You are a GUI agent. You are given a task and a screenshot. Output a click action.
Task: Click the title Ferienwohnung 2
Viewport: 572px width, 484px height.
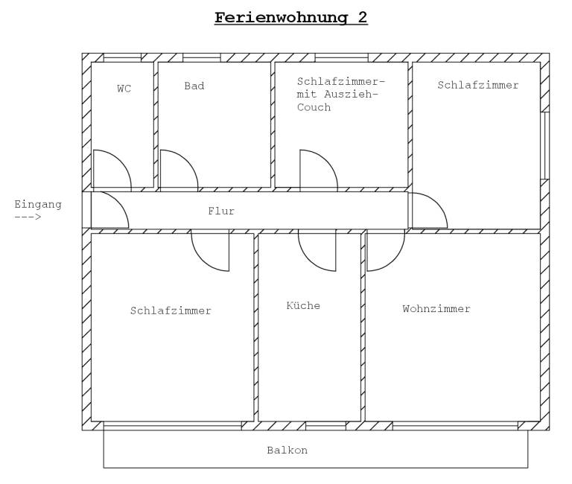(x=290, y=17)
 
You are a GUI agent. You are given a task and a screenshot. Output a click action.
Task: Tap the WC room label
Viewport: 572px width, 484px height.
(x=124, y=89)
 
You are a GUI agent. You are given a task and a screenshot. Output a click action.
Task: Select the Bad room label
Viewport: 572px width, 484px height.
(x=194, y=86)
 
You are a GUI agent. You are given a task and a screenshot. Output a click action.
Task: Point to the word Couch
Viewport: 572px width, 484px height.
(x=314, y=107)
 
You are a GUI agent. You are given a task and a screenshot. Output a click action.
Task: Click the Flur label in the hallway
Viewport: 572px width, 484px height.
(x=221, y=211)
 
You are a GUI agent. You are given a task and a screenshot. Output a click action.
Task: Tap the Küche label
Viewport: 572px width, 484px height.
(x=303, y=305)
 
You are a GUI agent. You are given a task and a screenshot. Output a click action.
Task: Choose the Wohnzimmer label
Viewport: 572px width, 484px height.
(x=436, y=308)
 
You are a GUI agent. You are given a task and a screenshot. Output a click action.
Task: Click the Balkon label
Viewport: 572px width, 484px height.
(x=287, y=450)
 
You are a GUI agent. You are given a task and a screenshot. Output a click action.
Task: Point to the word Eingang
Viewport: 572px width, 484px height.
(x=38, y=204)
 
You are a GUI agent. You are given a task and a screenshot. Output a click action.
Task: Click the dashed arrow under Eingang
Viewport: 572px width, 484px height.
(x=28, y=217)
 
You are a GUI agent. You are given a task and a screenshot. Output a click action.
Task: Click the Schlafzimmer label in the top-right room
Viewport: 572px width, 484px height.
(x=478, y=85)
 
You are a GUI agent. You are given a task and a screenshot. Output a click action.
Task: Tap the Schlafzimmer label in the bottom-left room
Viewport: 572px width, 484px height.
(x=171, y=311)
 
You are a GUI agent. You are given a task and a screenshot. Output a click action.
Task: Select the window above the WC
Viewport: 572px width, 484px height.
(x=122, y=57)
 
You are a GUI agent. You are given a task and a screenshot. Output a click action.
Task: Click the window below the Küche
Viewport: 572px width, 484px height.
(x=325, y=426)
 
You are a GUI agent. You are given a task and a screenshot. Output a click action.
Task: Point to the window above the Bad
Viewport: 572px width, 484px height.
(x=201, y=57)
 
